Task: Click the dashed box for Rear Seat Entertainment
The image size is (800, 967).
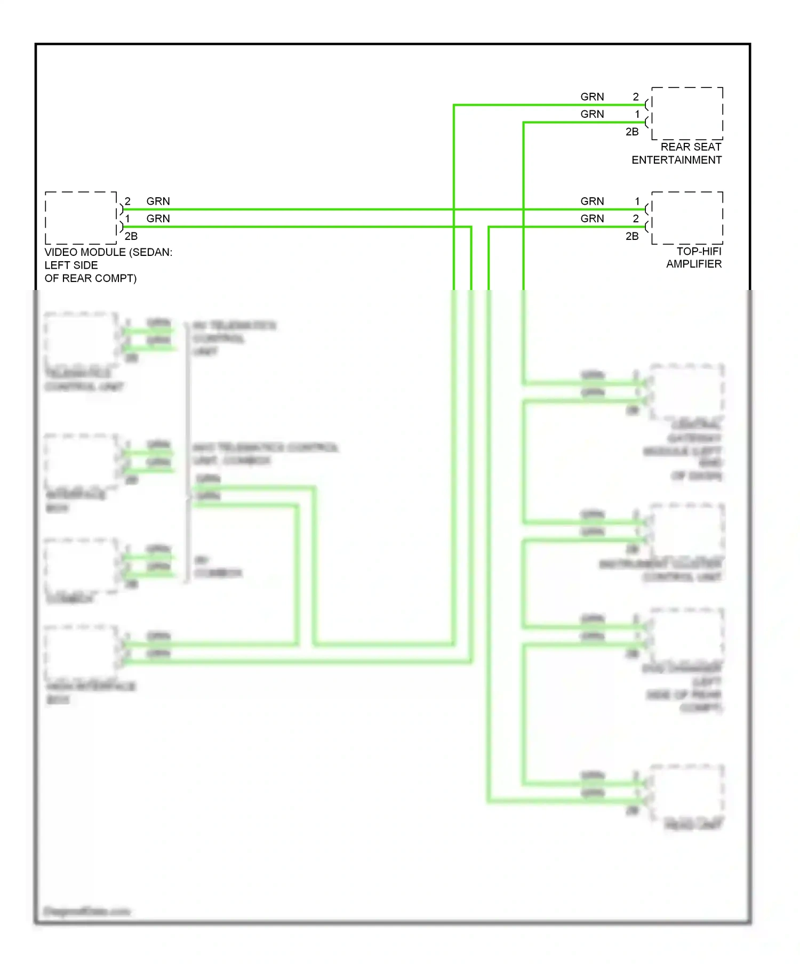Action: pos(687,113)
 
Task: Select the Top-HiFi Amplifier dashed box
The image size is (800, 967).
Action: pos(687,217)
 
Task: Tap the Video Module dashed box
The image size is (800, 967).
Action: pos(81,217)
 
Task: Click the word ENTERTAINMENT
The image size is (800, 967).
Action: pos(676,160)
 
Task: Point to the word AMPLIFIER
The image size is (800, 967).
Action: pos(693,264)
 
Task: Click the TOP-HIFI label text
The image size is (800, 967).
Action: pos(699,251)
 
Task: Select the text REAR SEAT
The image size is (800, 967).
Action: pos(691,147)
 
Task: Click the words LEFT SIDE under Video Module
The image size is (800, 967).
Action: pos(71,265)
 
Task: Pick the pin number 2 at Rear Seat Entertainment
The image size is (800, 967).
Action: pos(636,96)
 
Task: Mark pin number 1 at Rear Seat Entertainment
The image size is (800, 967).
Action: pos(637,114)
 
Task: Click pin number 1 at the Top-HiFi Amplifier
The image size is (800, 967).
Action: pos(637,201)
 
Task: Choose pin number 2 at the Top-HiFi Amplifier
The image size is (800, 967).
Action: pos(636,219)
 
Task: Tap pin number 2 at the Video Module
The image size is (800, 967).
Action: pos(127,201)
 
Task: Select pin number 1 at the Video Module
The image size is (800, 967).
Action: pos(127,219)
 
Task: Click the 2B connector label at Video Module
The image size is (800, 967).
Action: pos(131,236)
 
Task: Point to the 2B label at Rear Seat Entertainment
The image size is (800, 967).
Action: pos(632,132)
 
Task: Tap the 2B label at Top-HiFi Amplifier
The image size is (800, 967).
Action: pos(632,236)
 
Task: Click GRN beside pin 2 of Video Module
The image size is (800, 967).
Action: pos(158,201)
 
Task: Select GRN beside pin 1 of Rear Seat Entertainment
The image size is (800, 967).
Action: pos(592,114)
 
